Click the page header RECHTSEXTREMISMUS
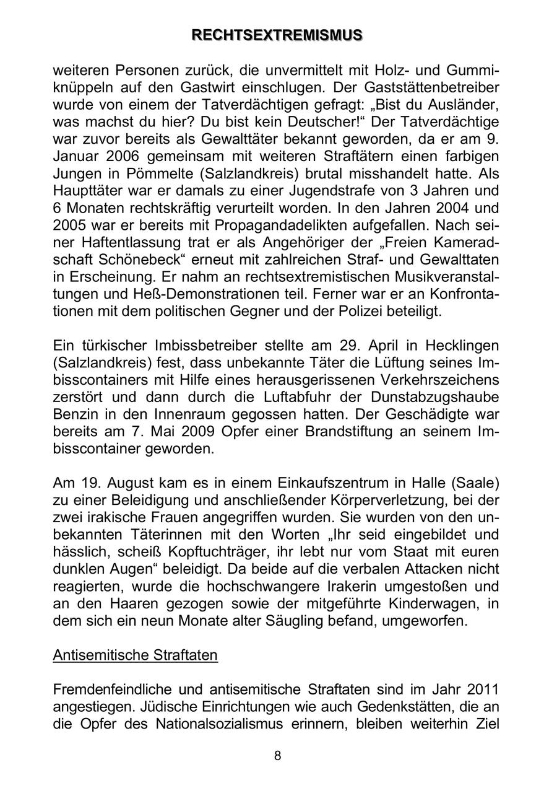click(277, 35)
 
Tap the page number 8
click(278, 756)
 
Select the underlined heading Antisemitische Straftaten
click(135, 655)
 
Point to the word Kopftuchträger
click(227, 551)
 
